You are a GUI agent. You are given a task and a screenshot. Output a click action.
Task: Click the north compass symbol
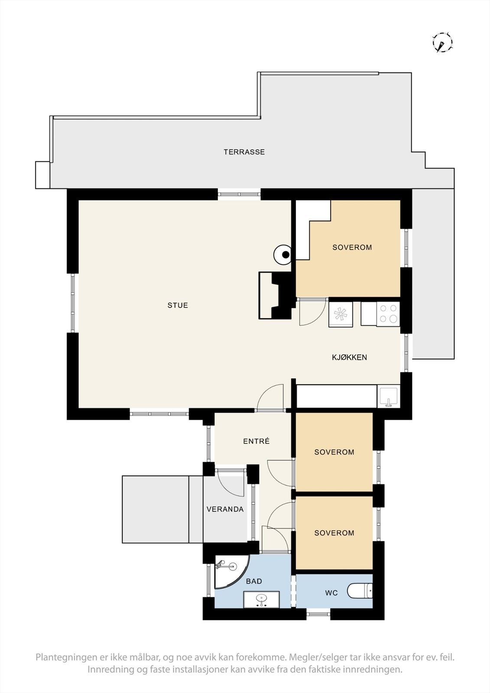tap(442, 42)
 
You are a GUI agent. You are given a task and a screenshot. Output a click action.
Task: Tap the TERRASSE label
tap(244, 152)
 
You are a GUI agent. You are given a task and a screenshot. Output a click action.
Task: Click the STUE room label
tap(178, 305)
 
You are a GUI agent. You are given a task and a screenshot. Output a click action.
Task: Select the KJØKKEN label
tap(349, 357)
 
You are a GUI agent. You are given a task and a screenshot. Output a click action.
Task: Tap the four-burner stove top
tap(388, 314)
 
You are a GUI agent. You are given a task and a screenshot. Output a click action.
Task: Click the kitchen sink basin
tap(389, 396)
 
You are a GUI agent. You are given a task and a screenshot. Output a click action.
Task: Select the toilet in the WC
tap(360, 591)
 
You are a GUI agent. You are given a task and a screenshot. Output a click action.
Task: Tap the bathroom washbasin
tap(261, 600)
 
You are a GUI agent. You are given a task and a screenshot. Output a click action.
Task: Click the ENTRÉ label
tap(256, 441)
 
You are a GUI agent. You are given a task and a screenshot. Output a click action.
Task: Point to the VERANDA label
tap(225, 509)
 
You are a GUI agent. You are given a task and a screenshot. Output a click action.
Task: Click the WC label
tap(331, 593)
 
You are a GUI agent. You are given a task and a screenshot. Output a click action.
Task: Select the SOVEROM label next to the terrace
tap(352, 247)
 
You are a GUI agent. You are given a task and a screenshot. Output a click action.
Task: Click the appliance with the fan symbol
tap(341, 314)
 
